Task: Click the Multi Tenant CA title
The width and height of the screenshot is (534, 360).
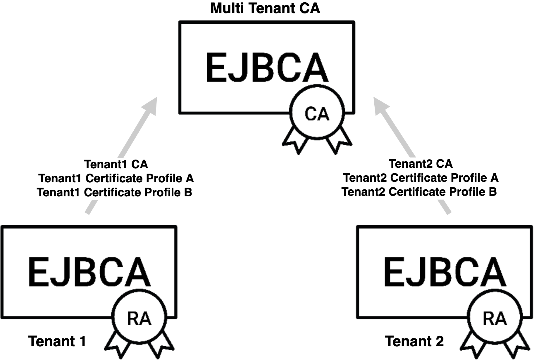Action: pos(265,8)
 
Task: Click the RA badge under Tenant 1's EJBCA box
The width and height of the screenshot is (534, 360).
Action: pos(139,319)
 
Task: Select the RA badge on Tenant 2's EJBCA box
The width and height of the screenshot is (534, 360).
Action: pos(495,319)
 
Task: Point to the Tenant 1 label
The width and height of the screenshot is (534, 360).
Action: pos(57,341)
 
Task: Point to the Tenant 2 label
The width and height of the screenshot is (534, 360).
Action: pos(414,341)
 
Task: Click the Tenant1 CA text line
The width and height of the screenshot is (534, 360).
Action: pos(116,164)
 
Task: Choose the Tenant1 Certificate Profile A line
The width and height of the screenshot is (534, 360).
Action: pos(116,178)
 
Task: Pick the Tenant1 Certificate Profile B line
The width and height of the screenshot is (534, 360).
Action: pos(115,192)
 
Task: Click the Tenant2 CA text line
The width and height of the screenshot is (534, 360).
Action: pos(421,164)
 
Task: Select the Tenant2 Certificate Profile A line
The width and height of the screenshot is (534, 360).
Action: pos(421,178)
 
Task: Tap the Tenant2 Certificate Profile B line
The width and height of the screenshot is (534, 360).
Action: pos(419,192)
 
